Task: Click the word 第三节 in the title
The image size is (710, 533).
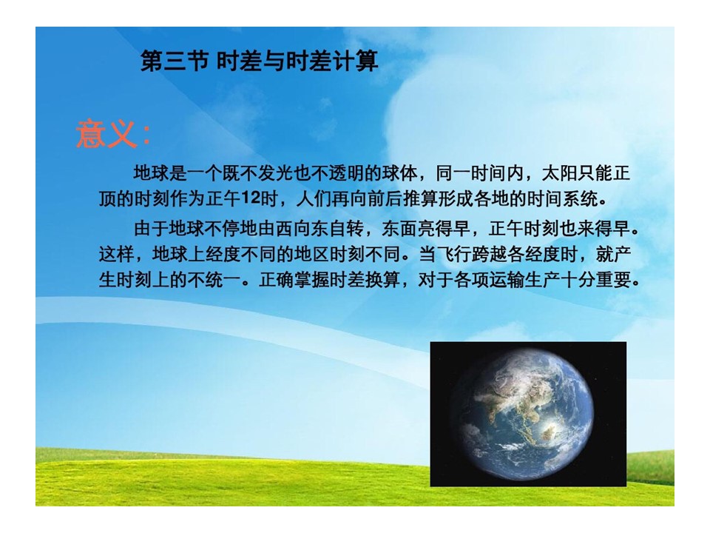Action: point(175,61)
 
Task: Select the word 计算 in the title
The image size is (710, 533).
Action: point(355,61)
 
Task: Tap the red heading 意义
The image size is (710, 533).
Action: point(106,135)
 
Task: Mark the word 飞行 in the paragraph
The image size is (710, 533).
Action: point(453,254)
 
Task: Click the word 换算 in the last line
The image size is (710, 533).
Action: point(382,280)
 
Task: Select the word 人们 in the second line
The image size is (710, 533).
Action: point(314,198)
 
